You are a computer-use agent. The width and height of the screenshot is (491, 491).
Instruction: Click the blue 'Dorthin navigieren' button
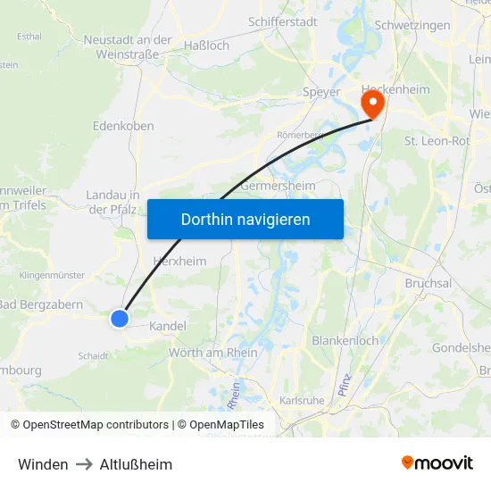pyautogui.click(x=245, y=219)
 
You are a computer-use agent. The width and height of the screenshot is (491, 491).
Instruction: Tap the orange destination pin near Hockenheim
pyautogui.click(x=370, y=104)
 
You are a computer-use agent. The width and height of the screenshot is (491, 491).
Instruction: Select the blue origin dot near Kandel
pyautogui.click(x=120, y=318)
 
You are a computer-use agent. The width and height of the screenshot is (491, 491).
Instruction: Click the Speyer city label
pyautogui.click(x=321, y=92)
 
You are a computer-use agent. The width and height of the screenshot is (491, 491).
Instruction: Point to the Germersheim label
pyautogui.click(x=278, y=186)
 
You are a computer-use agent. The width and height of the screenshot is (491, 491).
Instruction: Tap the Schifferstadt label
pyautogui.click(x=282, y=24)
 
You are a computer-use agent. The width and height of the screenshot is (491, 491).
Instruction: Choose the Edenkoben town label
pyautogui.click(x=123, y=127)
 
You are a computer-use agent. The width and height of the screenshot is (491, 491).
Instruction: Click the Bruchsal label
pyautogui.click(x=429, y=283)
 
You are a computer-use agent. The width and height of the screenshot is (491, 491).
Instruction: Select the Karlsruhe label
pyautogui.click(x=302, y=401)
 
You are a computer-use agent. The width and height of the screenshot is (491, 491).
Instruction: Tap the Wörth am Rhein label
pyautogui.click(x=213, y=353)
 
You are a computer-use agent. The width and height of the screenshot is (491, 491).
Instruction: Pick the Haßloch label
pyautogui.click(x=205, y=45)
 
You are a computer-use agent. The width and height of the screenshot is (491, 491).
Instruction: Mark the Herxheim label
pyautogui.click(x=179, y=262)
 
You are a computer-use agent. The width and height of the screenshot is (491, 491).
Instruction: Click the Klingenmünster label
pyautogui.click(x=51, y=276)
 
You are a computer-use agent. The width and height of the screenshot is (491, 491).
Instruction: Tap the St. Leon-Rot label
pyautogui.click(x=437, y=141)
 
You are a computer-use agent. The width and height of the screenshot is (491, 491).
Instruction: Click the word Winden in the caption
pyautogui.click(x=43, y=464)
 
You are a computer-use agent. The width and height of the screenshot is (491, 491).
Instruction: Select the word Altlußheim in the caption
pyautogui.click(x=136, y=464)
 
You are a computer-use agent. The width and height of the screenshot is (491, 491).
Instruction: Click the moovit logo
pyautogui.click(x=437, y=463)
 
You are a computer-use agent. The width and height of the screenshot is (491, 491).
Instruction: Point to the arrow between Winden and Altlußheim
pyautogui.click(x=84, y=464)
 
